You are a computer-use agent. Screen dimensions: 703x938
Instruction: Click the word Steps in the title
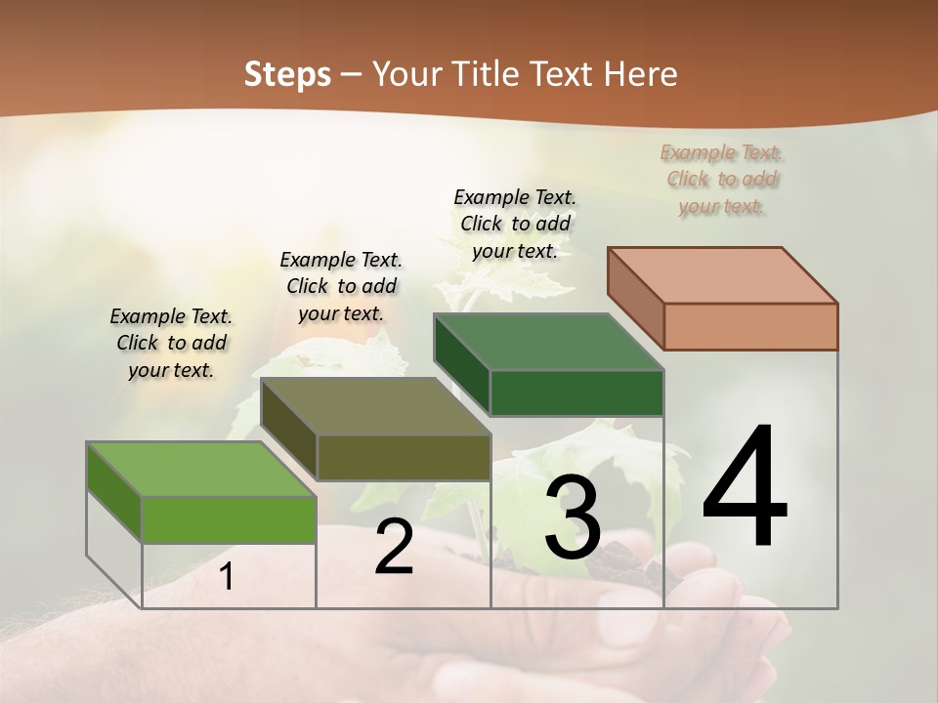point(287,74)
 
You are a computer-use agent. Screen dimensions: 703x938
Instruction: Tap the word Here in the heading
point(641,74)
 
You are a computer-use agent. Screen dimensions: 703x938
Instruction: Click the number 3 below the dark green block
point(573,517)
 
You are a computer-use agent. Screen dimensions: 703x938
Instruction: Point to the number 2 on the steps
point(394,548)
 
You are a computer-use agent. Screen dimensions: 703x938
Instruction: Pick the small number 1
point(227,577)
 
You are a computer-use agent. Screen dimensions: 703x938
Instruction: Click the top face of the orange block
point(723,275)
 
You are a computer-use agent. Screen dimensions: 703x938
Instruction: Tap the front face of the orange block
point(750,326)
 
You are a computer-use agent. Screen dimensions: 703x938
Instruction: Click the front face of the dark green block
point(576,393)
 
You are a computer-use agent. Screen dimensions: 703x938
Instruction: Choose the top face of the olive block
point(375,406)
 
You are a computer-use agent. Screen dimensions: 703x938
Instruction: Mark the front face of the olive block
point(404,457)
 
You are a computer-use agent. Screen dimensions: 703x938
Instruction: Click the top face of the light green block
point(201,470)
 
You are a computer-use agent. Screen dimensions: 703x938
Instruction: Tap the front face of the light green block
point(229,519)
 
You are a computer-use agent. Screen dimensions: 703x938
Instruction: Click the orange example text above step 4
point(723,179)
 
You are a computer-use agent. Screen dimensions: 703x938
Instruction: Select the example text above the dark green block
point(515,224)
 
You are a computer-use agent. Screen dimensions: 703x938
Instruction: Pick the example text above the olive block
point(341,286)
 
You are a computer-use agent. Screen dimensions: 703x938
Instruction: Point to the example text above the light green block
point(171,343)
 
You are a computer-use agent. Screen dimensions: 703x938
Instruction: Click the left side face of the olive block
point(289,430)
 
